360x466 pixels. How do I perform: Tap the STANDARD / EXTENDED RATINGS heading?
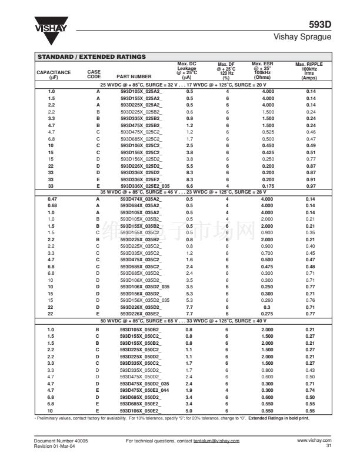91,56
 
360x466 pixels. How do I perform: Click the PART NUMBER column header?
134,76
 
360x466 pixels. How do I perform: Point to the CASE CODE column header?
94,74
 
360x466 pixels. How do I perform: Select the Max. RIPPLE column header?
309,71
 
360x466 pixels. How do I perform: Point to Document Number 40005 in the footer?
56,440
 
